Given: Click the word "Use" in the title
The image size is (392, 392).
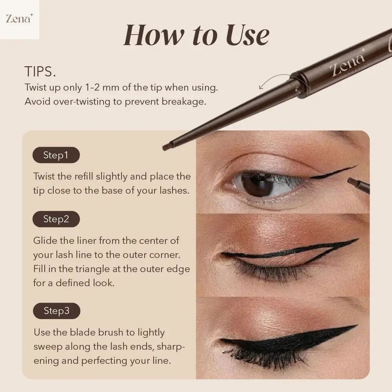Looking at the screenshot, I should [245, 35].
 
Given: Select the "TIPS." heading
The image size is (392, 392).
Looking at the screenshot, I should [40, 72].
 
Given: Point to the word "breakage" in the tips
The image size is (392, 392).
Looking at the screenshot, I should [184, 101].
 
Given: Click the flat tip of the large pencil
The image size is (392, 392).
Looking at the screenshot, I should [168, 147].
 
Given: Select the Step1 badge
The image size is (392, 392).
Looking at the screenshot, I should [56, 155].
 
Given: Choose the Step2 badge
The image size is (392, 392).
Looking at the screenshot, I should [56, 219].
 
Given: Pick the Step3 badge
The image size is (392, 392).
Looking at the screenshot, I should [56, 311].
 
